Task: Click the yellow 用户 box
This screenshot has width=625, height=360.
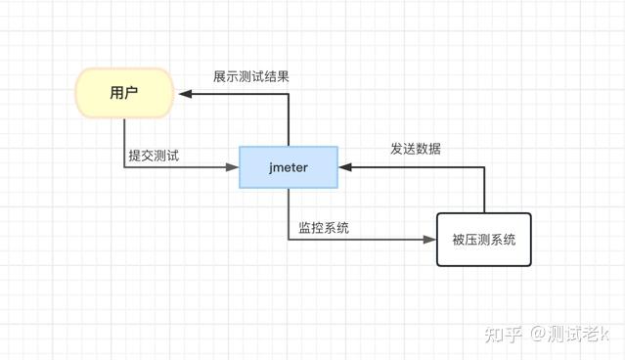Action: [123, 94]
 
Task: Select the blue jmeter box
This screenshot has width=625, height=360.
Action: [289, 167]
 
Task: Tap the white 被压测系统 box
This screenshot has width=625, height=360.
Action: [483, 240]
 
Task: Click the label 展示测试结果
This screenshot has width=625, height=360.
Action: [251, 76]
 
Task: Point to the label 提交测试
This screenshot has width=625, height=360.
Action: [154, 155]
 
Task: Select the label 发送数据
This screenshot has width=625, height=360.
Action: [416, 150]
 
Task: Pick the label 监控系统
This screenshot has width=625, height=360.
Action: [324, 228]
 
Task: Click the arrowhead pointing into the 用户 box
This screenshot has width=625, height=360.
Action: [183, 94]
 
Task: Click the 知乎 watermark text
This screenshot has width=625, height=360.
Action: [506, 334]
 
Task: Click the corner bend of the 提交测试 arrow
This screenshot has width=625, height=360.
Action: [124, 167]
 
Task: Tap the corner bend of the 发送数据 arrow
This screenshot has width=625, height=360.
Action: [483, 167]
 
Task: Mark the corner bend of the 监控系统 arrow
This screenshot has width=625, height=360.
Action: [289, 239]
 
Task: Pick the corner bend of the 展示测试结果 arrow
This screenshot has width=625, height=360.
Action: [289, 94]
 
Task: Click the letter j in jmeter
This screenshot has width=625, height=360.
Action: [271, 167]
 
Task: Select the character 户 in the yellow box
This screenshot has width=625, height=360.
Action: [130, 94]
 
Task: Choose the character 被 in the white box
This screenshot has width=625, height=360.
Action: [458, 240]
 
